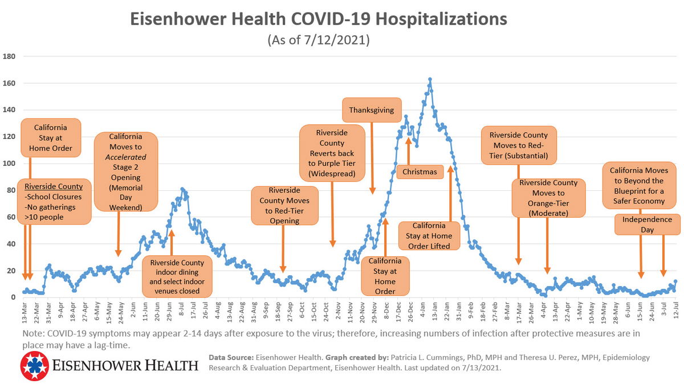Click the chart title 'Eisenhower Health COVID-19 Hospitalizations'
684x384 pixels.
click(318, 19)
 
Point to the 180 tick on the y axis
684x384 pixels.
click(9, 56)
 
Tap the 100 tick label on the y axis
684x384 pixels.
click(9, 164)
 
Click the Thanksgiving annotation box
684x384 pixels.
click(372, 109)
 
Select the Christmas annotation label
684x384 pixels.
click(420, 171)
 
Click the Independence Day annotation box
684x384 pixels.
click(647, 224)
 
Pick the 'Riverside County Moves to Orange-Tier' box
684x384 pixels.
click(548, 198)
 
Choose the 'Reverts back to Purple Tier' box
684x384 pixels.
click(332, 154)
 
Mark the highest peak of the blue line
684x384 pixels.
click(430, 79)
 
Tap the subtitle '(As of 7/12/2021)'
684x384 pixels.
click(318, 40)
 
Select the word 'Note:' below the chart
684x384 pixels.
click(33, 333)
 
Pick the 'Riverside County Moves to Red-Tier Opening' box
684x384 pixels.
click(285, 205)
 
